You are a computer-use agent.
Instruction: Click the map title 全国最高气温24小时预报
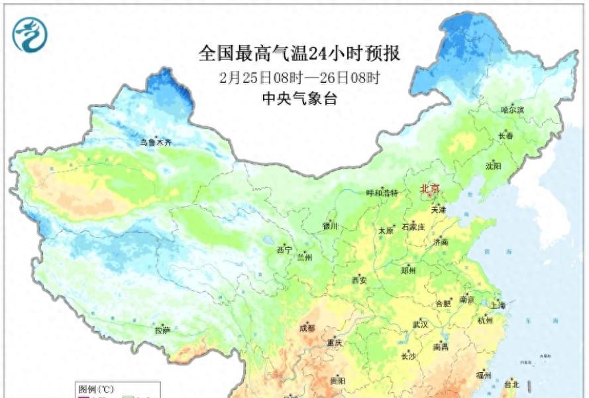pyautogui.click(x=299, y=52)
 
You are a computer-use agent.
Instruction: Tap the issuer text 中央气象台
pyautogui.click(x=299, y=99)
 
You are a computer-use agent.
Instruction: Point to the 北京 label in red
pyautogui.click(x=430, y=189)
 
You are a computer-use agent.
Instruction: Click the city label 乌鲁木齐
pyautogui.click(x=155, y=142)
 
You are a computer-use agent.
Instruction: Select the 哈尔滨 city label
pyautogui.click(x=512, y=109)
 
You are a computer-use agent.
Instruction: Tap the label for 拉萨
pyautogui.click(x=162, y=330)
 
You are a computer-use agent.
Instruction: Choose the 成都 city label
pyautogui.click(x=307, y=328)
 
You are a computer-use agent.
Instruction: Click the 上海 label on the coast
pyautogui.click(x=499, y=306)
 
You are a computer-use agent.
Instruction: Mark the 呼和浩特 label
pyautogui.click(x=382, y=193)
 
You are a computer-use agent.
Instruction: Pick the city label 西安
pyautogui.click(x=358, y=281)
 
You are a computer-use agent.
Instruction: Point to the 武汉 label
pyautogui.click(x=420, y=324)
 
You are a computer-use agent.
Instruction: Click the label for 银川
pyautogui.click(x=330, y=226)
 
